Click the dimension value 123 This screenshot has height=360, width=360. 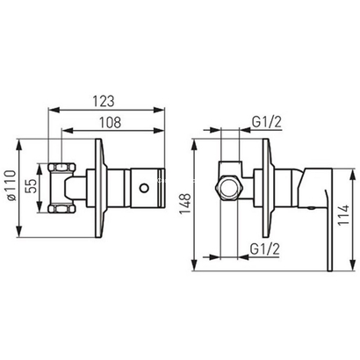(x=104, y=101)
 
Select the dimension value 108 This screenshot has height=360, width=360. (x=110, y=123)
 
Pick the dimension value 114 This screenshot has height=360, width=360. (x=344, y=215)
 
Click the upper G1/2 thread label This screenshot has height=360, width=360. (x=267, y=122)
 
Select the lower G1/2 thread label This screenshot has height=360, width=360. (x=265, y=249)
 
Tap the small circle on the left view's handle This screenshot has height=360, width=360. (x=144, y=188)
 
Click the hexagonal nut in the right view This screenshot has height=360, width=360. (x=229, y=188)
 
